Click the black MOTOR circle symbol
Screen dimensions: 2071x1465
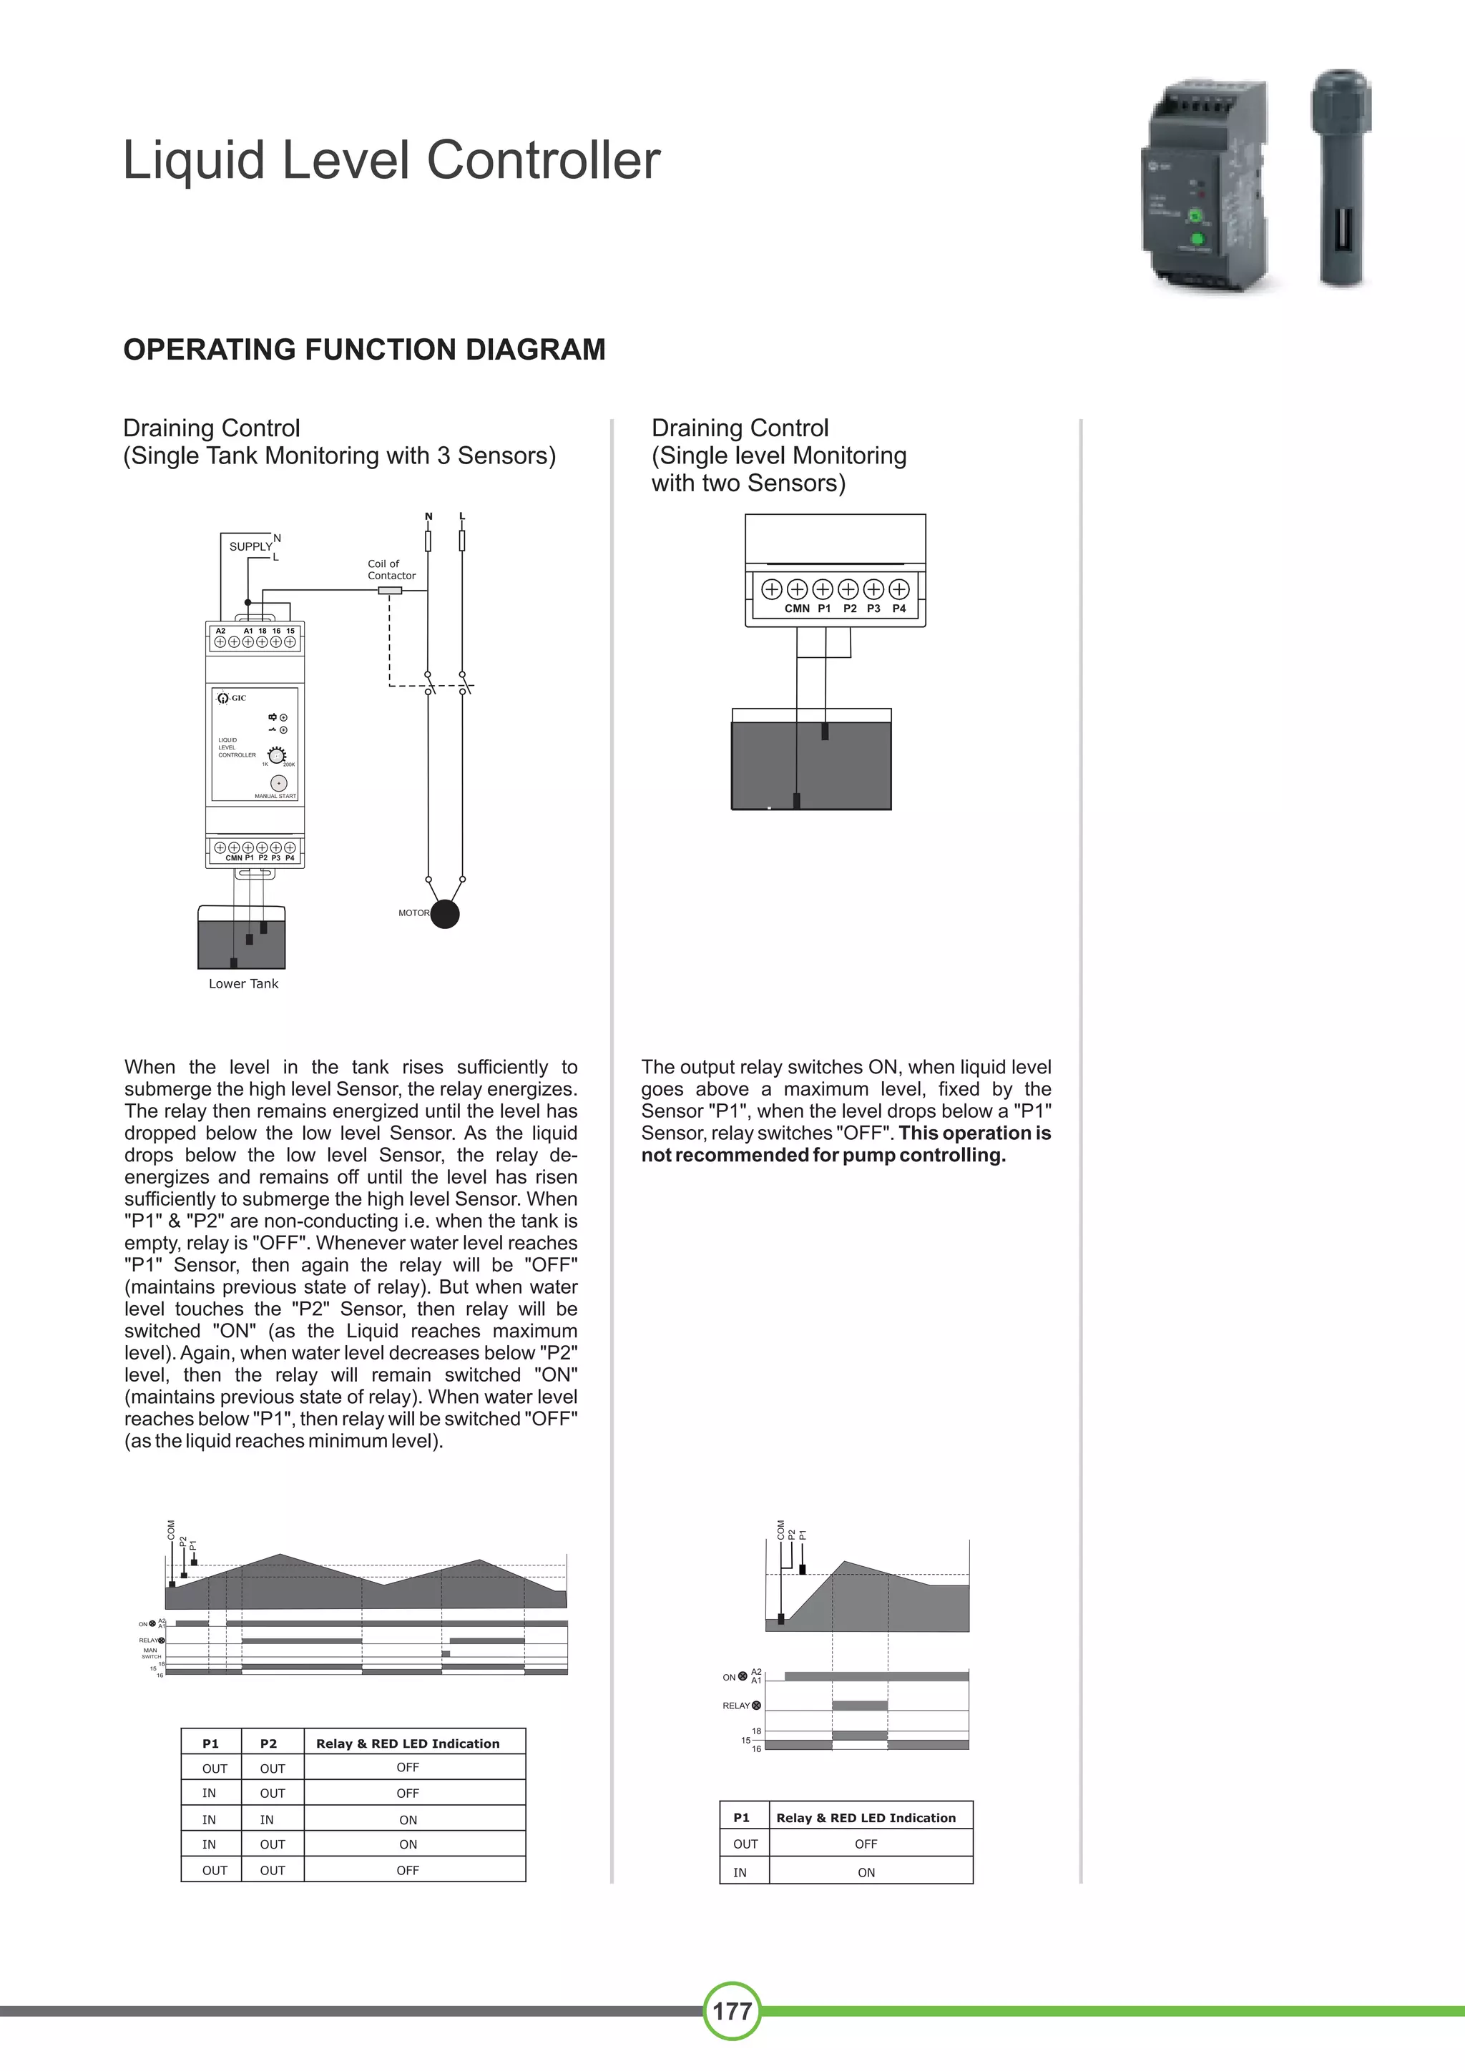click(445, 914)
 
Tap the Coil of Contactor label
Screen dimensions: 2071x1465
click(391, 569)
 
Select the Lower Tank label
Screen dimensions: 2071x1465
click(243, 983)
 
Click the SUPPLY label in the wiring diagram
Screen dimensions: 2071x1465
click(250, 546)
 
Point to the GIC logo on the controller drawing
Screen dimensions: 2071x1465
click(232, 697)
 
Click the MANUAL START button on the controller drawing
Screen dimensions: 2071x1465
click(280, 784)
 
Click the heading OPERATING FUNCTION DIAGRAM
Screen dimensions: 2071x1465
click(363, 349)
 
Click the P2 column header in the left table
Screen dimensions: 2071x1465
click(268, 1743)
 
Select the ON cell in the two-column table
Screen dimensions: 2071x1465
click(866, 1873)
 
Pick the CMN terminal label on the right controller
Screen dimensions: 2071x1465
click(797, 609)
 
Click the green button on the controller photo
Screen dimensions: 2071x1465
click(1198, 239)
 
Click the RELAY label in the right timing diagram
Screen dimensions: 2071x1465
click(736, 1706)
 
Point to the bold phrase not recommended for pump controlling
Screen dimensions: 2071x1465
click(823, 1156)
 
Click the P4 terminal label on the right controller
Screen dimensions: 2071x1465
click(898, 609)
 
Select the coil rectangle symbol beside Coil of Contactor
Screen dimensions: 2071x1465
click(389, 591)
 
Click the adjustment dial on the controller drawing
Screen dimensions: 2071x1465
click(278, 756)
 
